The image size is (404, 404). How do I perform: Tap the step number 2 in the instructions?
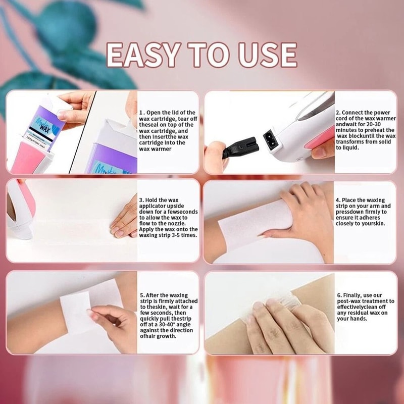(x=338, y=112)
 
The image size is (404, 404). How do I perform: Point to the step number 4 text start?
(x=338, y=200)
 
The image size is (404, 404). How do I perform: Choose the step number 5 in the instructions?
(x=142, y=295)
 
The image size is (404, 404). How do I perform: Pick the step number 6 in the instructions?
(x=338, y=295)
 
